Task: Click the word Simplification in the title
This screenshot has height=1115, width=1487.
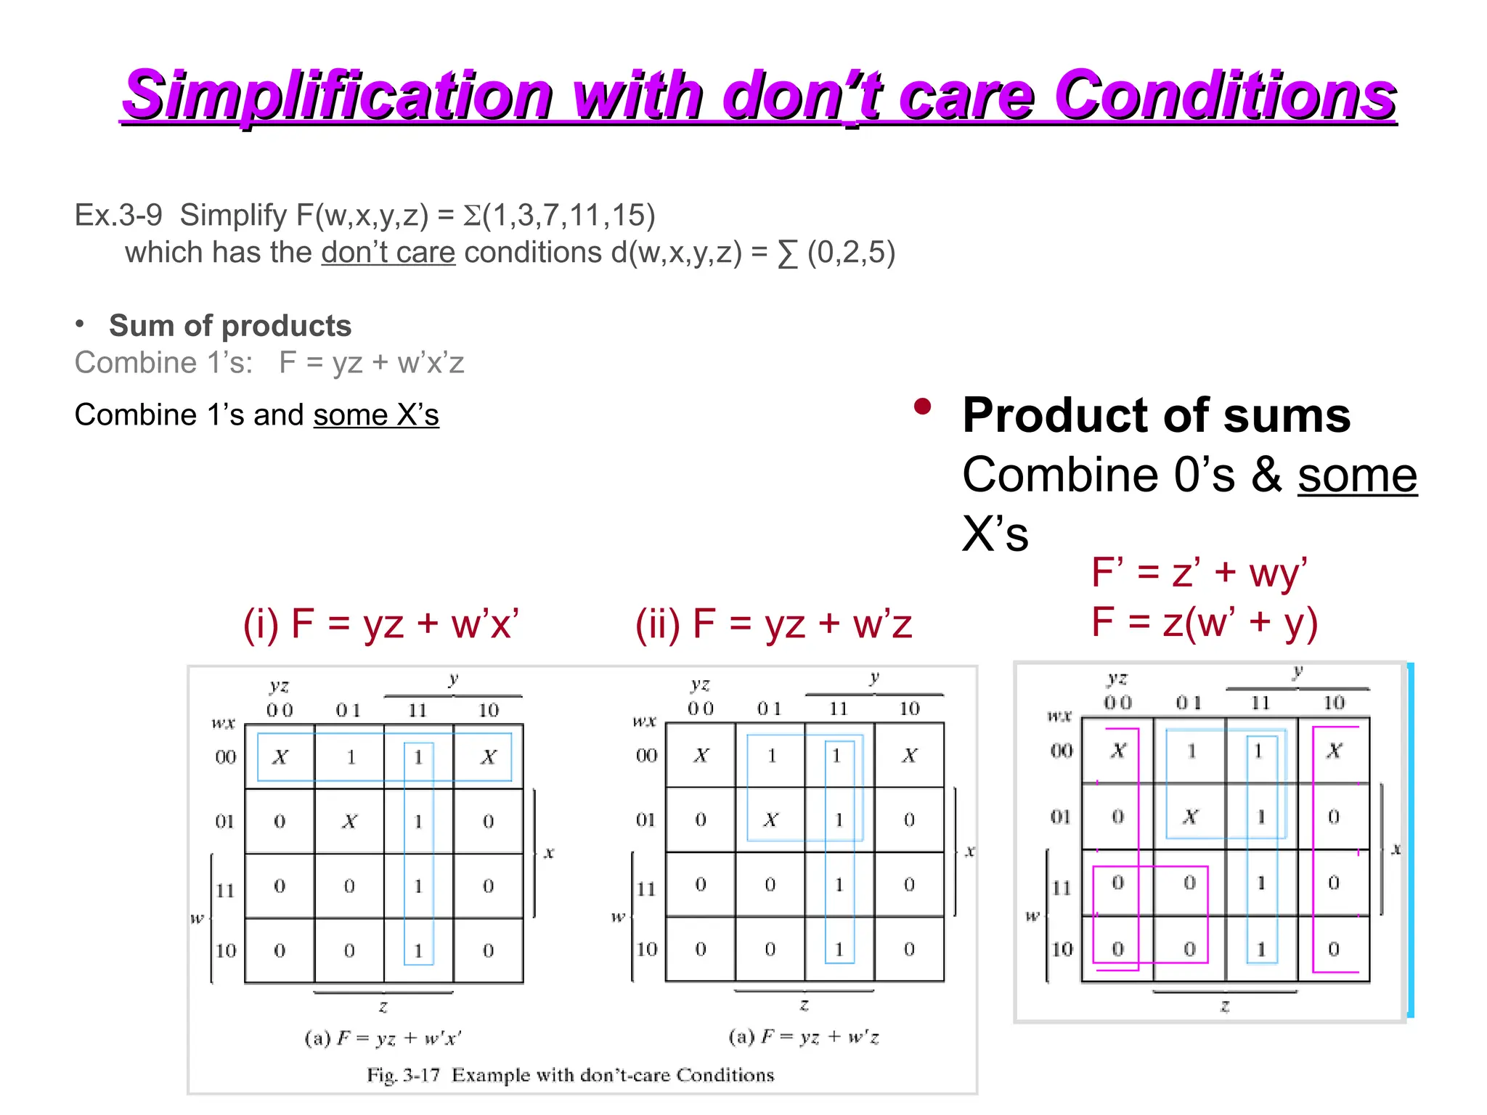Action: point(337,96)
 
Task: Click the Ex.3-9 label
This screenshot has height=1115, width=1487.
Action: point(118,215)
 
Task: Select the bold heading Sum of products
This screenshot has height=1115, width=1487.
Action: point(230,326)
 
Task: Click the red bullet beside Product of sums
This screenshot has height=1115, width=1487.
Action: point(923,407)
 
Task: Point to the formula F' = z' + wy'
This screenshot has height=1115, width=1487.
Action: point(1199,572)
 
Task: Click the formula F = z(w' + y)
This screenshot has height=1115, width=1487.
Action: point(1205,622)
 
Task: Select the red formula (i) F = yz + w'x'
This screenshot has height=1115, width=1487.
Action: point(381,624)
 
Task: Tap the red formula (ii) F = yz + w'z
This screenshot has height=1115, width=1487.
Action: point(773,624)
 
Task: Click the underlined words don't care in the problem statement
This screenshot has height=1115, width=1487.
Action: point(388,253)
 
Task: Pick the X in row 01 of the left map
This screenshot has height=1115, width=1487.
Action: point(350,822)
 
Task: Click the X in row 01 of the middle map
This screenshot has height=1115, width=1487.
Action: point(770,820)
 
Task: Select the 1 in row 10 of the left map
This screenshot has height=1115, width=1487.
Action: point(418,950)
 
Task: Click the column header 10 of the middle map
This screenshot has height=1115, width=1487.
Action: point(909,708)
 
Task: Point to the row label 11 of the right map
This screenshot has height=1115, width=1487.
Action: point(1062,887)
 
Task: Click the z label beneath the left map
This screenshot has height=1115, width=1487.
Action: point(383,1007)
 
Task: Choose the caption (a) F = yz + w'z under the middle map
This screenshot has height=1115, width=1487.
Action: point(804,1037)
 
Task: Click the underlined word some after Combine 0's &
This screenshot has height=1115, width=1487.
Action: point(1357,475)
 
